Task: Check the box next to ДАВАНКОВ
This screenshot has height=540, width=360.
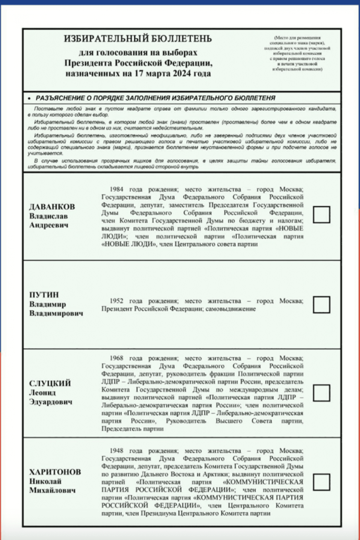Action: [321, 214]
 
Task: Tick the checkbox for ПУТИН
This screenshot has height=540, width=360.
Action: [321, 305]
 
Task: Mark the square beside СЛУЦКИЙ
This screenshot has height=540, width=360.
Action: [321, 393]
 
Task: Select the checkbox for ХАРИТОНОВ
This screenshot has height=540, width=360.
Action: [321, 482]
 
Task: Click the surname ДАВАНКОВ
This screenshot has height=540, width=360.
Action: [52, 207]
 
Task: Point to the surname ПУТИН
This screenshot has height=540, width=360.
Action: [44, 295]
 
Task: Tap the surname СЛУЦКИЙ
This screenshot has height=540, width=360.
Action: [50, 383]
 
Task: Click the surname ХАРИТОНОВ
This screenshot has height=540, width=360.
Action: [55, 472]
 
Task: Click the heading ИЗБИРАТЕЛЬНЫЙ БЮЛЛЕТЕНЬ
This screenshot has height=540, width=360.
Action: [138, 39]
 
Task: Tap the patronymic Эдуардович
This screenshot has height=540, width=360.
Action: [51, 402]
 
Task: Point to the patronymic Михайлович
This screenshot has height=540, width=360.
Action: [52, 490]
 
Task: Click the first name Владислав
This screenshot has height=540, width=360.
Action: [48, 216]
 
